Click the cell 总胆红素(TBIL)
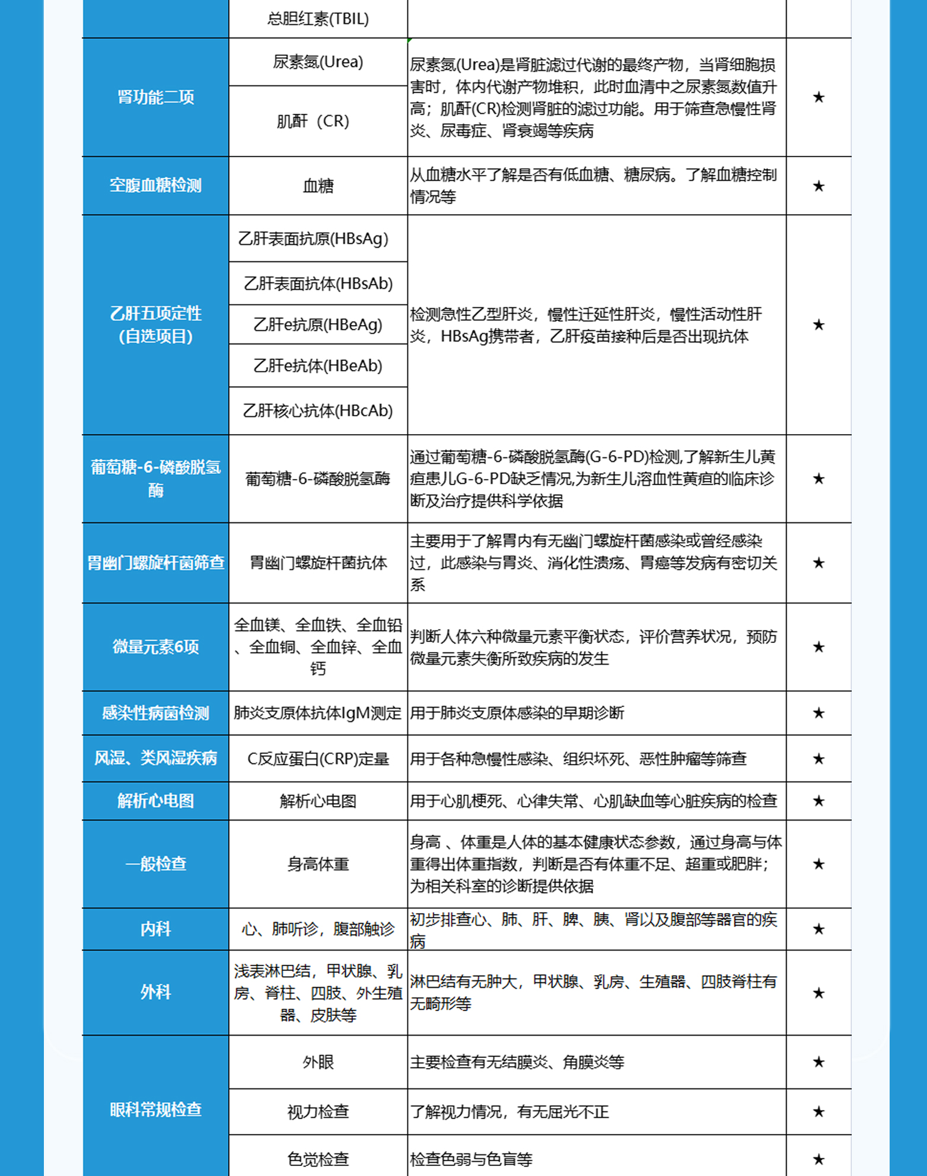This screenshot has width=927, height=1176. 318,19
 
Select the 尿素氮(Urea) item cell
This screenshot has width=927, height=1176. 318,62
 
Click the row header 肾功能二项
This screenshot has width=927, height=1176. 155,97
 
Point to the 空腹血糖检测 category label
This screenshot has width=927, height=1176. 155,186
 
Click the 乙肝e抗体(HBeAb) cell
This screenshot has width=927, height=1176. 318,366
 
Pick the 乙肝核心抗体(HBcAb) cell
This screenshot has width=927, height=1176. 318,410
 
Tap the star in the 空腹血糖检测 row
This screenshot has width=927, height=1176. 818,186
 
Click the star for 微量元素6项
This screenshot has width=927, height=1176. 818,647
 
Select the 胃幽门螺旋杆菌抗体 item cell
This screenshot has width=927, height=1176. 318,563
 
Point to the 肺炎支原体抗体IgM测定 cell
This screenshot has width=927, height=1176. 318,713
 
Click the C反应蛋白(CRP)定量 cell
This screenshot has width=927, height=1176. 318,758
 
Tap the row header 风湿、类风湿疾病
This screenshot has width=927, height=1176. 155,758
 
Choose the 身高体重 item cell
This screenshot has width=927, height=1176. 318,864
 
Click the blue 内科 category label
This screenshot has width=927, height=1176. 155,929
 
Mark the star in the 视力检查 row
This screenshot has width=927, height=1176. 818,1111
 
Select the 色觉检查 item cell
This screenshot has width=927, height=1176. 318,1158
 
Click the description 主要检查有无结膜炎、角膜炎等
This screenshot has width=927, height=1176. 517,1062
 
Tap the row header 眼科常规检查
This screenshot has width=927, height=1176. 155,1109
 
